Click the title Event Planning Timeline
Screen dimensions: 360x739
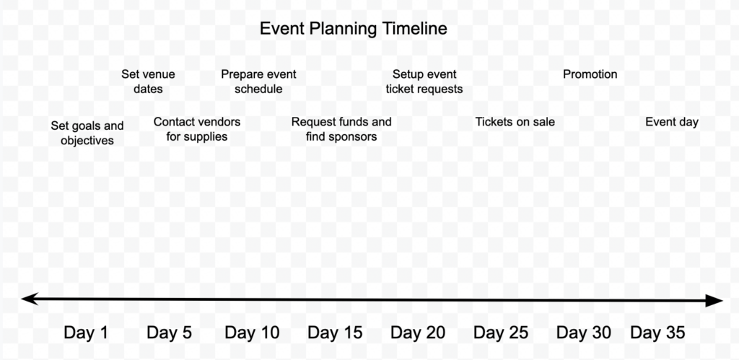pyautogui.click(x=353, y=29)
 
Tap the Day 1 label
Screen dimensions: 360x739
pyautogui.click(x=86, y=333)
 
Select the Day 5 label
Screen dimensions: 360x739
pyautogui.click(x=169, y=333)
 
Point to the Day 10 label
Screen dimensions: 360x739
pyautogui.click(x=252, y=333)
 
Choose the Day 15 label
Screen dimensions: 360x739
pyautogui.click(x=335, y=333)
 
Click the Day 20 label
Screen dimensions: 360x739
pyautogui.click(x=418, y=333)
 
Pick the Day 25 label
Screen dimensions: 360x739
pyautogui.click(x=501, y=333)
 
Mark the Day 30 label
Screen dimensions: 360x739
pyautogui.click(x=584, y=333)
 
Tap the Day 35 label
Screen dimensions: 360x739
pyautogui.click(x=657, y=333)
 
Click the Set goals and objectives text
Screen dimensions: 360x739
pyautogui.click(x=87, y=133)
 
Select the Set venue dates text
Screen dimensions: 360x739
pyautogui.click(x=148, y=82)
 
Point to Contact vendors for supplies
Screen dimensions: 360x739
pyautogui.click(x=197, y=129)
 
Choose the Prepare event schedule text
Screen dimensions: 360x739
pyautogui.click(x=258, y=82)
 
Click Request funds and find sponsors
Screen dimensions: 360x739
pyautogui.click(x=341, y=129)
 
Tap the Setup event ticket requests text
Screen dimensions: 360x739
pyautogui.click(x=424, y=82)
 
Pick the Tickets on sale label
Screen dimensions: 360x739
pyautogui.click(x=515, y=122)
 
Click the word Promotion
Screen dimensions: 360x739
pyautogui.click(x=590, y=74)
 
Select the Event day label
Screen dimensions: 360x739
pyautogui.click(x=672, y=122)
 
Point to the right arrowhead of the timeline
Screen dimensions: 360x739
pyautogui.click(x=715, y=301)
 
